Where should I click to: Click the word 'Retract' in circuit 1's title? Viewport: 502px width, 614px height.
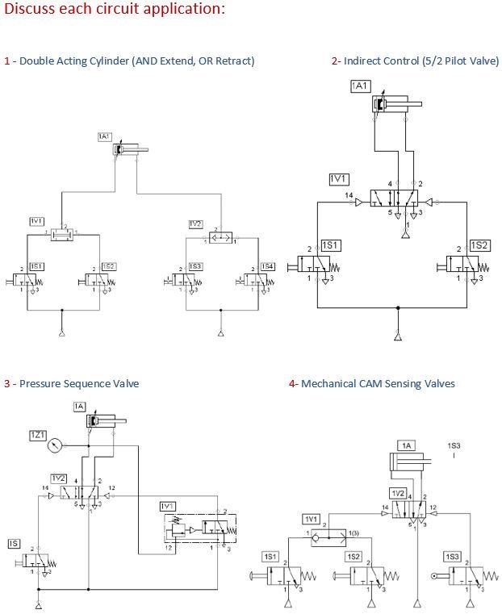coord(233,61)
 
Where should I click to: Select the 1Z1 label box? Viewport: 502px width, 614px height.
coord(38,435)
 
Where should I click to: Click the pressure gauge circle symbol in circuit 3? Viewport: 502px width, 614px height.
coord(55,445)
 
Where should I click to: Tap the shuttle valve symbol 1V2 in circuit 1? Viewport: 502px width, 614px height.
coord(220,237)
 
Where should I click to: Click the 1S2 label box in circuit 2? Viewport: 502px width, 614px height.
coord(479,245)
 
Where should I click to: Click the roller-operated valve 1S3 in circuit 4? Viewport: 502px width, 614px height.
coord(467,578)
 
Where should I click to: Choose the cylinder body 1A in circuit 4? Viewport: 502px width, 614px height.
coord(410,461)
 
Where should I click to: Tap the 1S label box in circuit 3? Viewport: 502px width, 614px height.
coord(14,544)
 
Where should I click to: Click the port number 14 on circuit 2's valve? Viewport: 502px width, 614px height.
coord(349,194)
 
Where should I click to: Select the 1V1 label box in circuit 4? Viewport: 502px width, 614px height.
coord(312,519)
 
